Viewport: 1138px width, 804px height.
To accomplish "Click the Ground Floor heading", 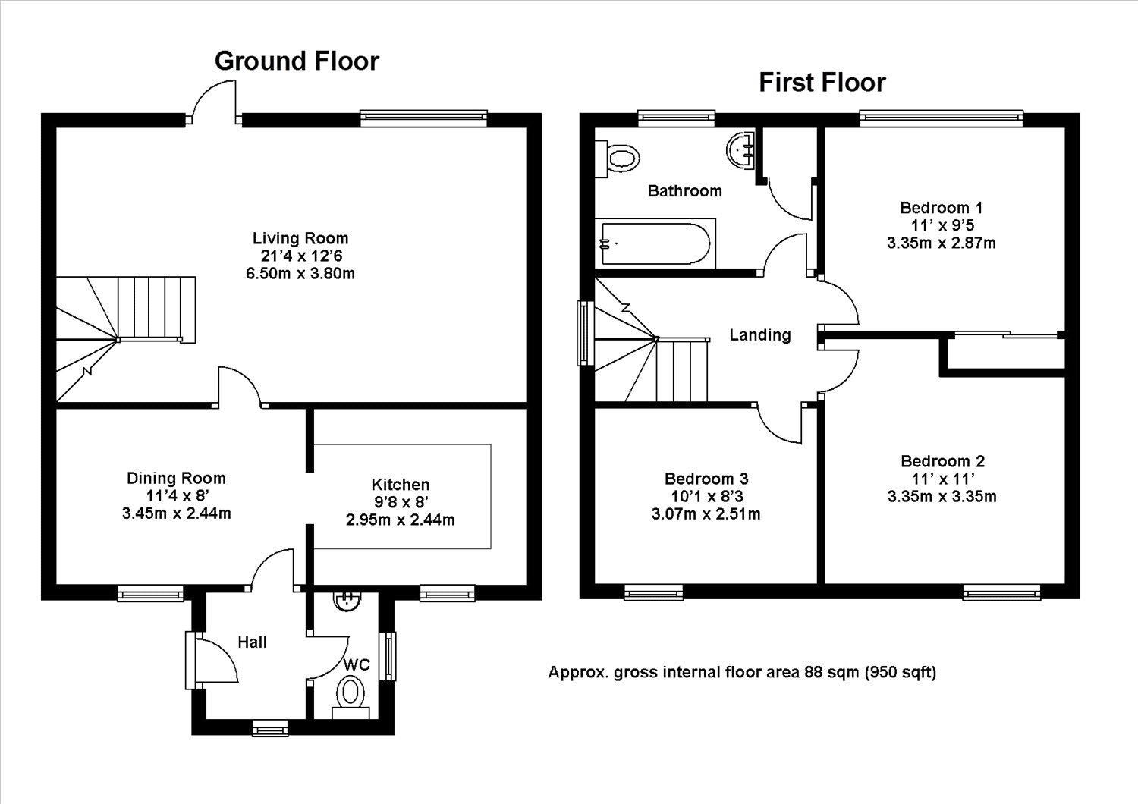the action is coord(297,61).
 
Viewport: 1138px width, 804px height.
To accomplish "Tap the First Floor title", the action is coord(822,83).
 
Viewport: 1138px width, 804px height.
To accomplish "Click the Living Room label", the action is coord(300,238).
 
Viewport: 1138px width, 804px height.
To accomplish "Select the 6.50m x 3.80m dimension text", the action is coord(300,273).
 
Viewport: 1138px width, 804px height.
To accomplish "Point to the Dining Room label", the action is coord(176,478).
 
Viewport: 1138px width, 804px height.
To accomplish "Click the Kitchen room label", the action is coord(401,485).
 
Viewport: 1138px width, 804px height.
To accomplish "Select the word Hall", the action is coord(252,642).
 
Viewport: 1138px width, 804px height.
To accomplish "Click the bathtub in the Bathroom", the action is coord(655,243).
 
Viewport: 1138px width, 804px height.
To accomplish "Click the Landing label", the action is coord(760,335).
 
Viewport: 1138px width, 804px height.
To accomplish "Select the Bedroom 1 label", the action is coord(942,208).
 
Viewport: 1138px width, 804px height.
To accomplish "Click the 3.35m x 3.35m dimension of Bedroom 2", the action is coord(942,496).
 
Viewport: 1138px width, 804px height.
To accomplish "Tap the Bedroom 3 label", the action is coord(706,479).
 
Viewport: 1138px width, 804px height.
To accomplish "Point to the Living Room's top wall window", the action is coord(423,119).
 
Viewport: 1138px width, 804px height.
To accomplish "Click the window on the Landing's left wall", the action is coord(586,333).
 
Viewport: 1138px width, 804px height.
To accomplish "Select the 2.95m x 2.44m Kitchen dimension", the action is coord(401,520).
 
